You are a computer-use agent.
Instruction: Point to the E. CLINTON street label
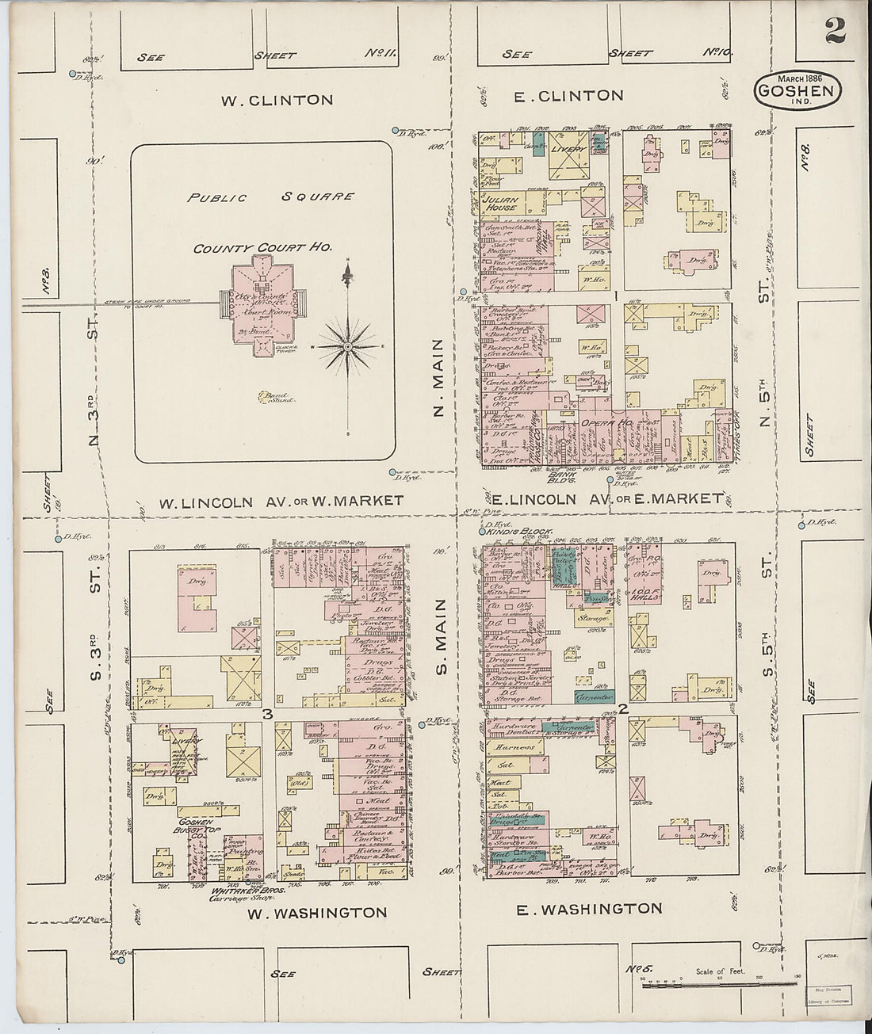click(568, 96)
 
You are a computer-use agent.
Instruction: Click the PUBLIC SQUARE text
click(270, 197)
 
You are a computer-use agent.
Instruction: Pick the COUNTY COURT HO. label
click(262, 248)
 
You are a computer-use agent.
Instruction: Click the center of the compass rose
click(347, 347)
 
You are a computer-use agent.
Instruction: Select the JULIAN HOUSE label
click(500, 204)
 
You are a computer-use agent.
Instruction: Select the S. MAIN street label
click(441, 636)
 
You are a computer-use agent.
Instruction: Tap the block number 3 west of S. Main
click(268, 715)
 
